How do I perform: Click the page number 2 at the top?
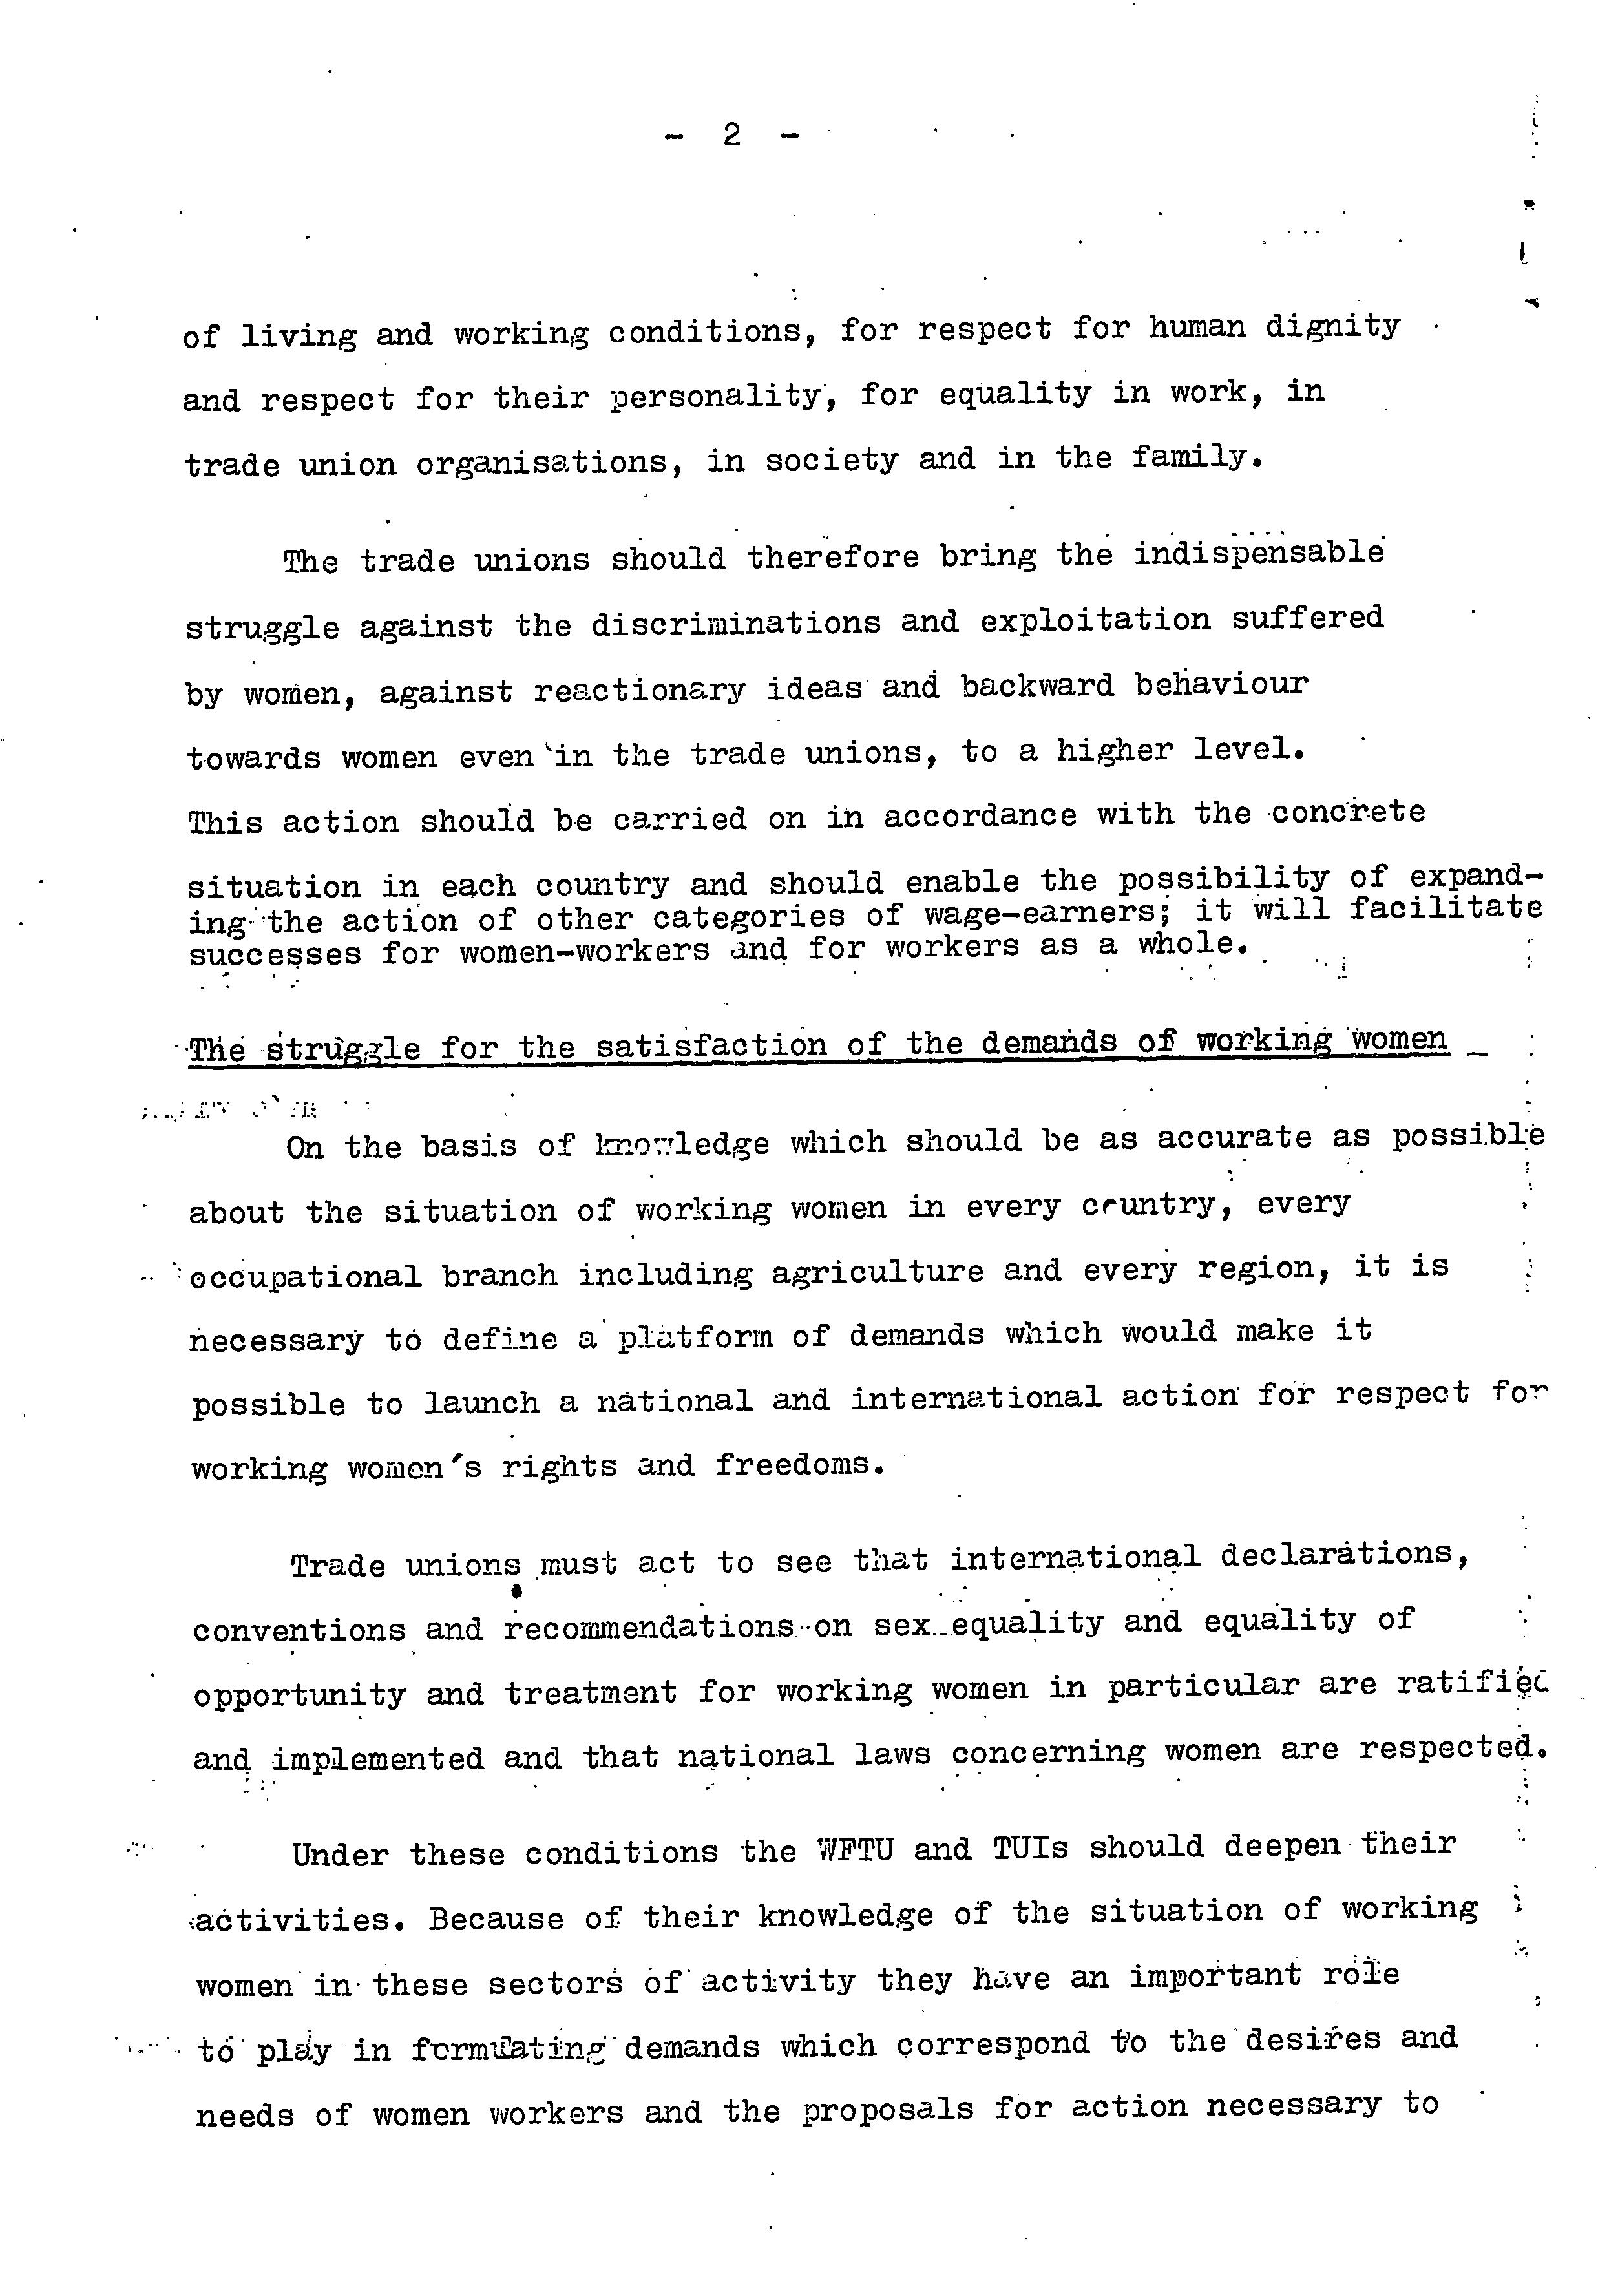(x=731, y=134)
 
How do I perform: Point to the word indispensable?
(x=1259, y=554)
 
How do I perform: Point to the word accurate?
(x=1234, y=1139)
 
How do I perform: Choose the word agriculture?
(x=878, y=1272)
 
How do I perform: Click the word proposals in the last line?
(x=888, y=2109)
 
